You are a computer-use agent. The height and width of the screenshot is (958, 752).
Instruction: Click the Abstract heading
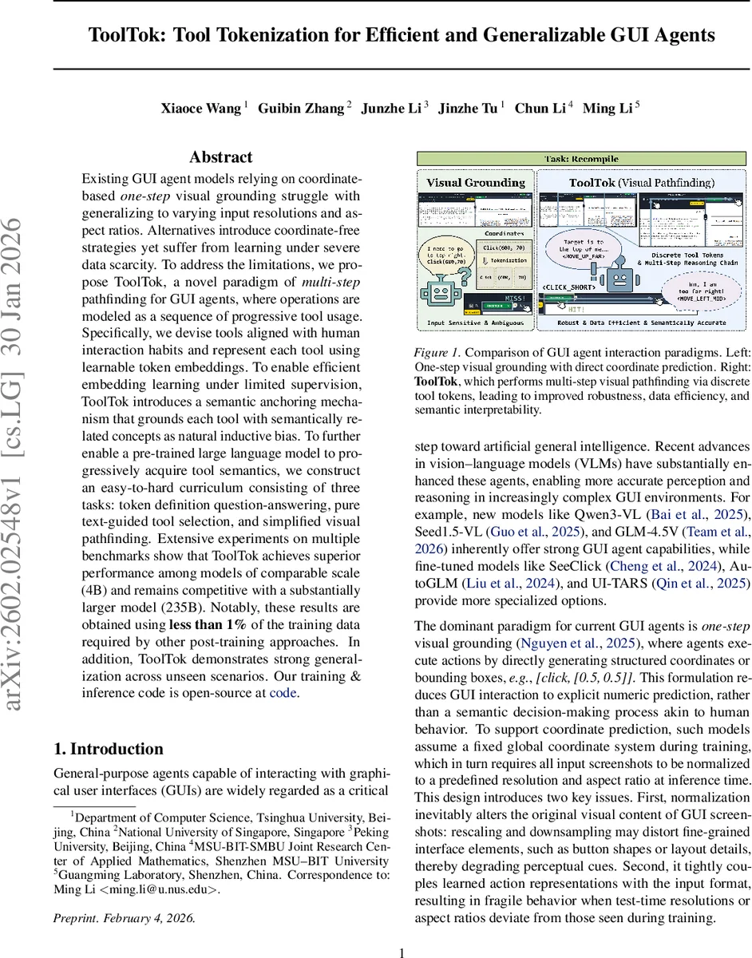[221, 157]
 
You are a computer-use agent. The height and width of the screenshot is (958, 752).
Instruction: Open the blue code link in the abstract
[283, 692]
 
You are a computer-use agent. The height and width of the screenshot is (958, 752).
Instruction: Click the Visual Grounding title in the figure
[476, 183]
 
